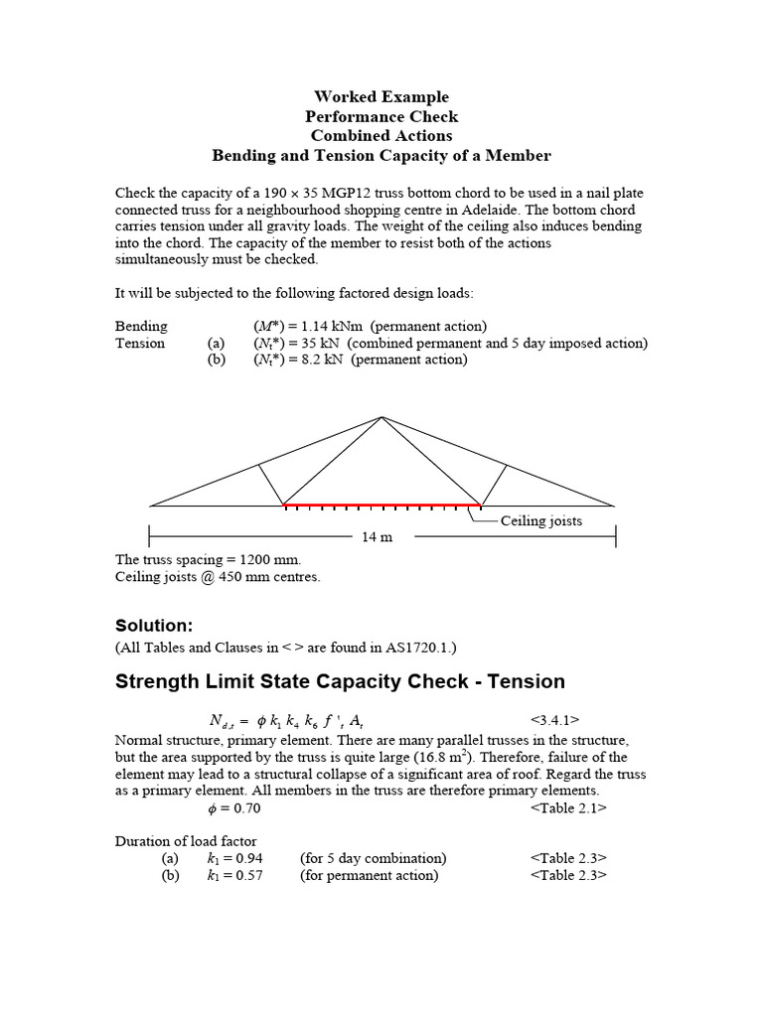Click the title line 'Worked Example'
click(381, 96)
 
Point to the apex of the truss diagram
click(381, 416)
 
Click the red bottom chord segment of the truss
click(381, 506)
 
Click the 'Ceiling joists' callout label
click(541, 520)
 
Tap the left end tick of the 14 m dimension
click(149, 536)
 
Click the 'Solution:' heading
click(153, 626)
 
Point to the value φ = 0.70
click(230, 807)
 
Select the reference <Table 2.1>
click(568, 807)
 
